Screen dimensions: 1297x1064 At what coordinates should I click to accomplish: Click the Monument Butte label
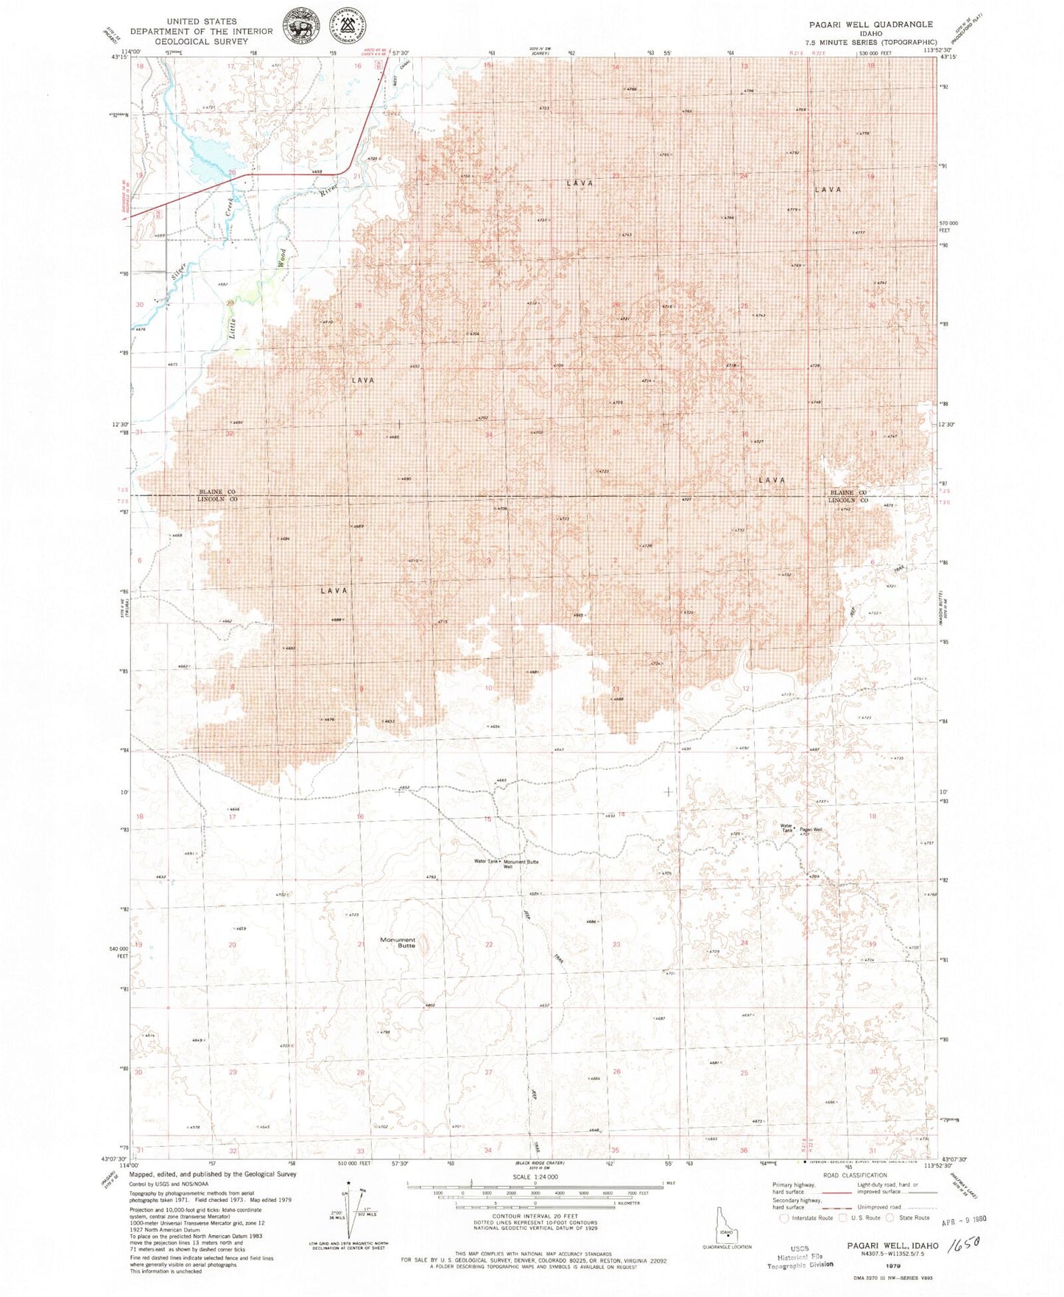coord(398,942)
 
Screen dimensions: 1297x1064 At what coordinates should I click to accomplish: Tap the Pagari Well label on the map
coord(811,830)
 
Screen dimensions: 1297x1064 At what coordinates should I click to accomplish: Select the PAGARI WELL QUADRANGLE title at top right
coord(869,24)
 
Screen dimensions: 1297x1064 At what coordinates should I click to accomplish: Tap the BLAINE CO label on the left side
coord(217,492)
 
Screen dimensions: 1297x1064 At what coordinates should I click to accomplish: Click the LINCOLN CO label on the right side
coord(848,501)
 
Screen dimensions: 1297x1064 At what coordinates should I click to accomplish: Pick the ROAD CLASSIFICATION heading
coord(855,1176)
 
